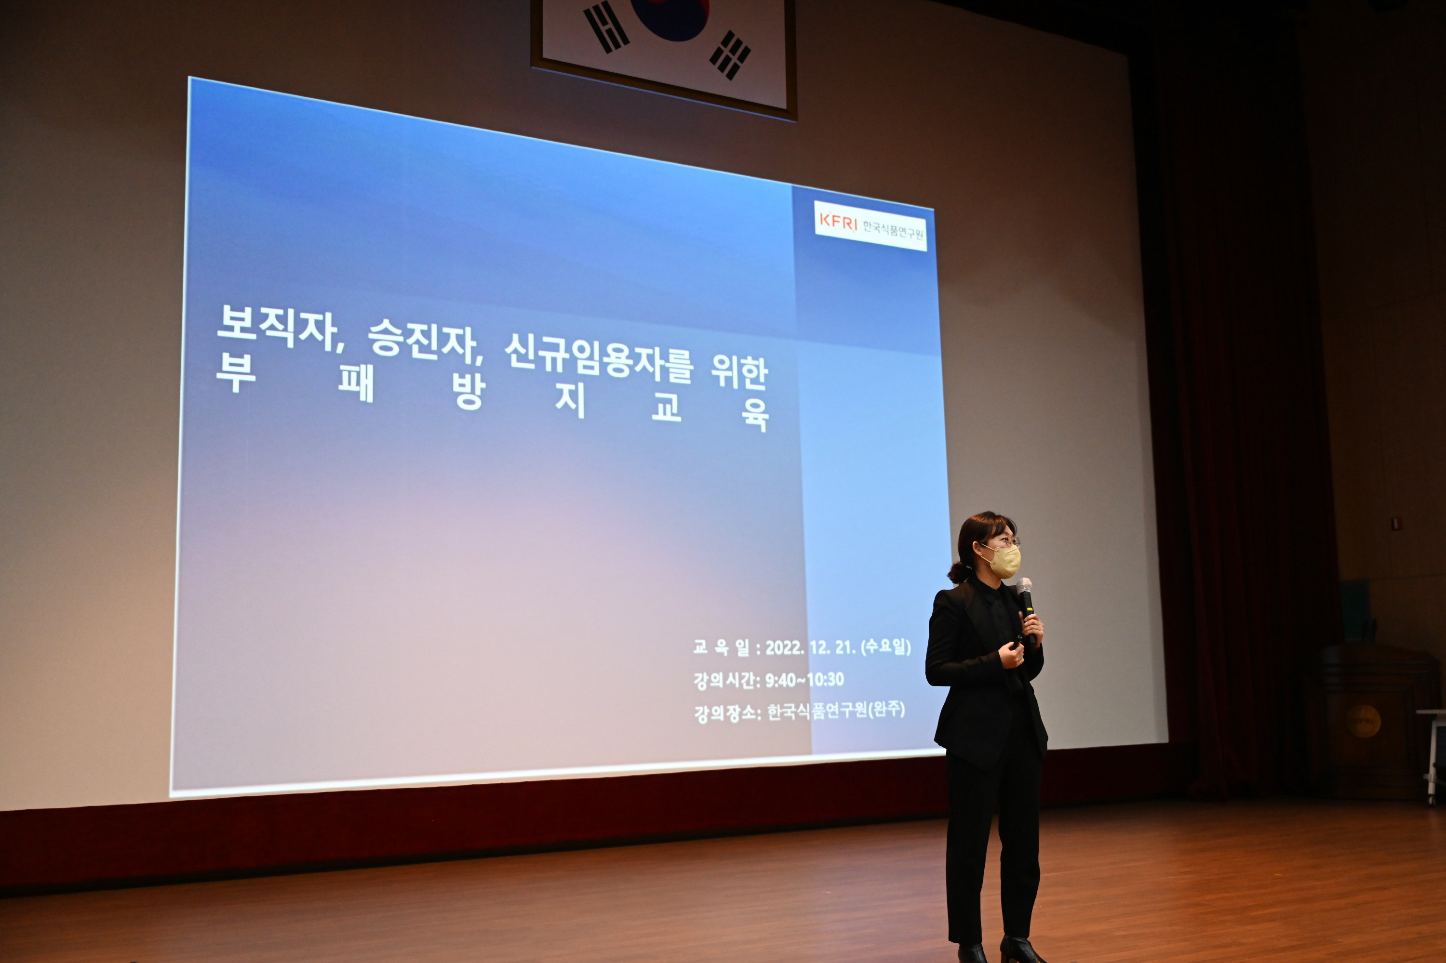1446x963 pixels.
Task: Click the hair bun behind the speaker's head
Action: (x=956, y=572)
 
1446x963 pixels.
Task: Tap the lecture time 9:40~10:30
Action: (x=804, y=680)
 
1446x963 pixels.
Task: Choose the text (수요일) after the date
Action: (x=885, y=648)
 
